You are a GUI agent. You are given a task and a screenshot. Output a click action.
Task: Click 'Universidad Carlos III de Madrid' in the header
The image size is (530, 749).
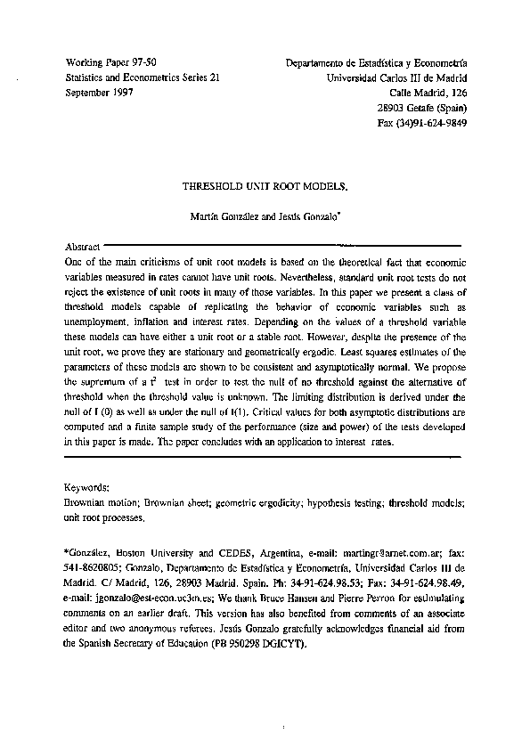click(x=398, y=77)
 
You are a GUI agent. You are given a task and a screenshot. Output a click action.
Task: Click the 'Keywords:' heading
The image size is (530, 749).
click(x=88, y=488)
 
